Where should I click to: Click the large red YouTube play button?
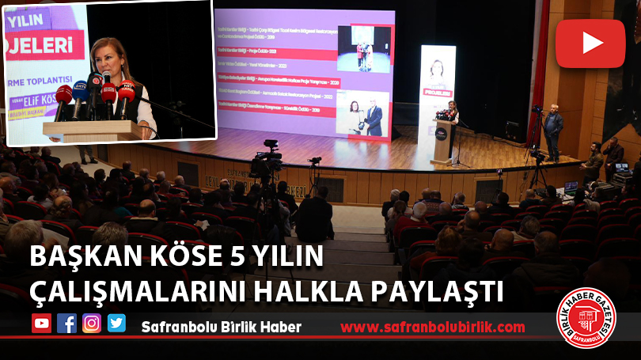(590, 44)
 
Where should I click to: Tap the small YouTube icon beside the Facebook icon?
(41, 324)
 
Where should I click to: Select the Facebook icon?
(66, 324)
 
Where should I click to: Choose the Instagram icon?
(92, 324)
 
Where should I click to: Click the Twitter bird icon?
(116, 324)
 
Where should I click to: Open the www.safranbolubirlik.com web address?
(432, 327)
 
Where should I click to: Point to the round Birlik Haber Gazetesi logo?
(586, 318)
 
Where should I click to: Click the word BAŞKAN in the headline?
(68, 259)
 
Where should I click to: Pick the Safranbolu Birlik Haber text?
(221, 327)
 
